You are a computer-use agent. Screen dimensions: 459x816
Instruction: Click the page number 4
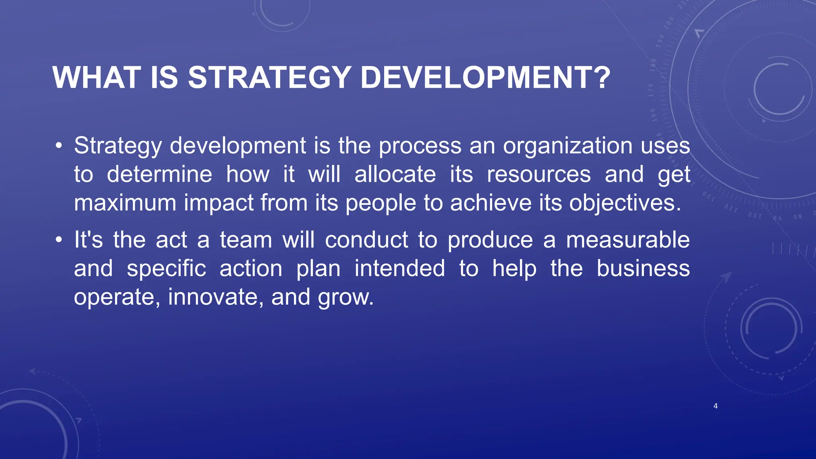(x=716, y=406)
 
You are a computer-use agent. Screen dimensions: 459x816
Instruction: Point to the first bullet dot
(x=59, y=146)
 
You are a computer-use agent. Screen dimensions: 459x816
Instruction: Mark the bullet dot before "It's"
(x=59, y=240)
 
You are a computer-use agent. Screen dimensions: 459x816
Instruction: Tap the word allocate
(x=395, y=175)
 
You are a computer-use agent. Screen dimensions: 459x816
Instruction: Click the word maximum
(x=125, y=203)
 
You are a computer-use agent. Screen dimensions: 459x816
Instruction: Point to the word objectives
(x=624, y=203)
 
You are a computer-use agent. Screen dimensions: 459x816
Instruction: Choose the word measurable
(x=628, y=240)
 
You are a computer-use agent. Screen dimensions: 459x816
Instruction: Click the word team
(x=246, y=240)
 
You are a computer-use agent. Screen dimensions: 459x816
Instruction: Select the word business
(x=643, y=269)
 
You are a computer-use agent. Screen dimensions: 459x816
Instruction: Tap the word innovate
(x=214, y=297)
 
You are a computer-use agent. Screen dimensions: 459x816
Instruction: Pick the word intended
(x=400, y=269)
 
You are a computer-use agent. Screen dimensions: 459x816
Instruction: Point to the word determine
(x=159, y=175)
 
